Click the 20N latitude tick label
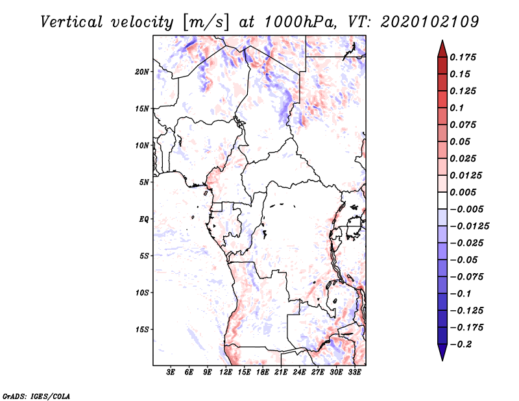tap(142, 72)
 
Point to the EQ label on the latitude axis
tap(143, 219)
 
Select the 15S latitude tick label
tap(142, 330)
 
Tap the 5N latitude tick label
tap(144, 182)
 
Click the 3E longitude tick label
tap(171, 372)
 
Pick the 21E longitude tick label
tap(281, 372)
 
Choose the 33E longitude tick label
tap(354, 372)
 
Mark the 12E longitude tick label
tap(226, 372)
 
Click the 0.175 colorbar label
tap(463, 57)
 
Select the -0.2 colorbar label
tap(461, 345)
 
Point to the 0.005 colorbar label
tap(463, 192)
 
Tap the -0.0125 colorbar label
tap(469, 226)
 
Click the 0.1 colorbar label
tap(457, 108)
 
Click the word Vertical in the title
tap(71, 22)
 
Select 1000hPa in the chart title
tap(300, 22)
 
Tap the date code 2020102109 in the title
tap(429, 22)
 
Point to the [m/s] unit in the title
tap(205, 22)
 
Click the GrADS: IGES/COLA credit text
tap(36, 396)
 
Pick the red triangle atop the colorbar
tap(442, 49)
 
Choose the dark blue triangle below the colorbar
tap(442, 352)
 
